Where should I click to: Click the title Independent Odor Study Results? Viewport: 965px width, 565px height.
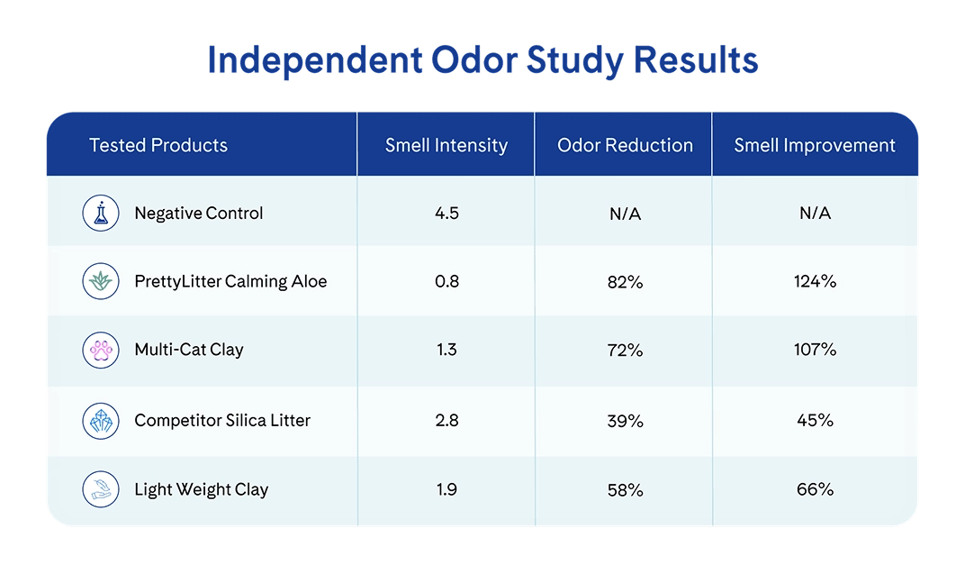pyautogui.click(x=482, y=60)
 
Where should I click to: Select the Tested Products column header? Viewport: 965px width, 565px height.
pyautogui.click(x=158, y=145)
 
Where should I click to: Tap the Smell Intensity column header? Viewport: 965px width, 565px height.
pyautogui.click(x=446, y=145)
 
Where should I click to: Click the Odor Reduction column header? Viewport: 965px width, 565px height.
pyautogui.click(x=625, y=145)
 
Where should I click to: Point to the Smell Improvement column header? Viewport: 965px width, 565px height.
pyautogui.click(x=814, y=145)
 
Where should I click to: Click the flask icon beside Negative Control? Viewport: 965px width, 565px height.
pyautogui.click(x=101, y=214)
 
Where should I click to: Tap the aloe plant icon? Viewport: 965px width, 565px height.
pyautogui.click(x=101, y=281)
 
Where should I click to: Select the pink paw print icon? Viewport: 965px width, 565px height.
pyautogui.click(x=101, y=350)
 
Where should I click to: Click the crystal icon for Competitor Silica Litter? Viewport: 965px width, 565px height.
pyautogui.click(x=101, y=421)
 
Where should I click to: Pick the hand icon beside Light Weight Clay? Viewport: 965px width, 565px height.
pyautogui.click(x=101, y=489)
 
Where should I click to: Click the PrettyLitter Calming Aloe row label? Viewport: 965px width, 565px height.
pyautogui.click(x=230, y=281)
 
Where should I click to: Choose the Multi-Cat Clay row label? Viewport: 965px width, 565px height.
pyautogui.click(x=189, y=350)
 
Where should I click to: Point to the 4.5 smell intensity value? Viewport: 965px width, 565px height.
pyautogui.click(x=446, y=214)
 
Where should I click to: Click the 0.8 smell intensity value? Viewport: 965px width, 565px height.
pyautogui.click(x=446, y=281)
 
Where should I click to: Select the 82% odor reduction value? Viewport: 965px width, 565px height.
pyautogui.click(x=626, y=282)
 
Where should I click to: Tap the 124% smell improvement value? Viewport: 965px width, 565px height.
pyautogui.click(x=815, y=281)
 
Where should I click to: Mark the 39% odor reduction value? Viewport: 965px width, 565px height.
pyautogui.click(x=626, y=421)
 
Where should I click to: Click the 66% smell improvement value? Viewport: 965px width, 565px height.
pyautogui.click(x=815, y=489)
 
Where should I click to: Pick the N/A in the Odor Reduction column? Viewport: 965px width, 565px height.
pyautogui.click(x=626, y=214)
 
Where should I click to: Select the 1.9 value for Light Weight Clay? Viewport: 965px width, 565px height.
pyautogui.click(x=446, y=489)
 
